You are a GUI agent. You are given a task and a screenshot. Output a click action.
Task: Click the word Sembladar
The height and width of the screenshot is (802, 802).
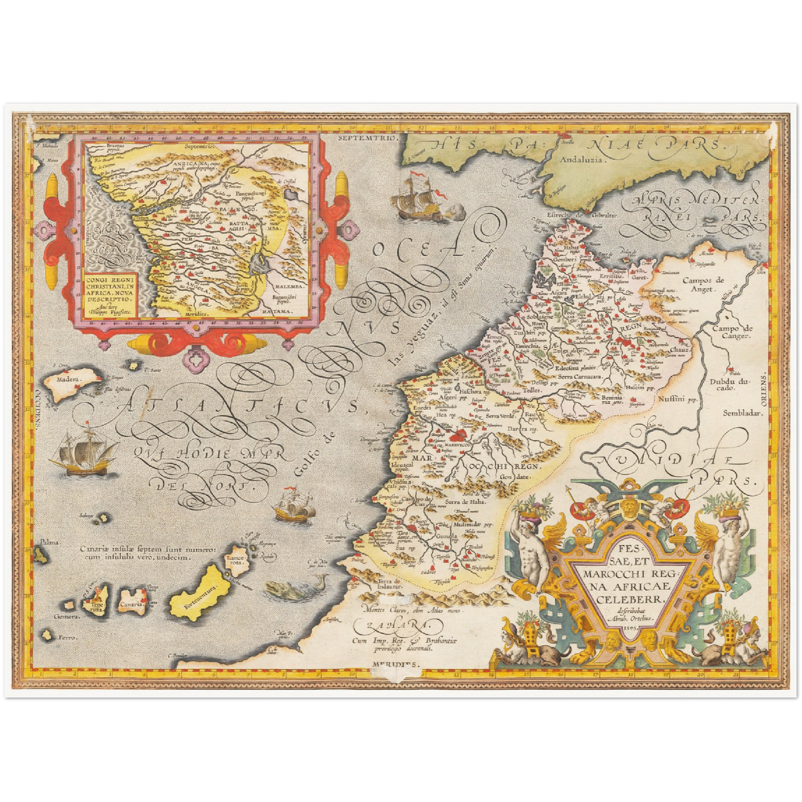(744, 413)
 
